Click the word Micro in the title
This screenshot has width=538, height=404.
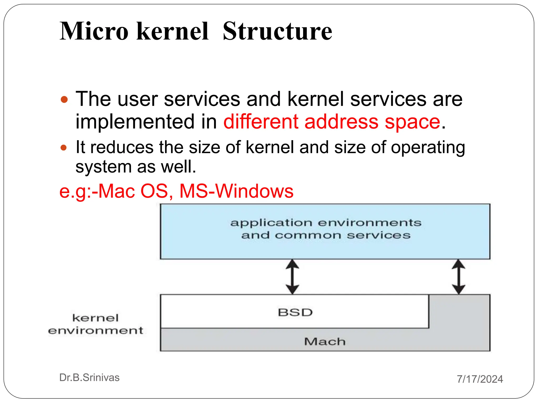pyautogui.click(x=94, y=31)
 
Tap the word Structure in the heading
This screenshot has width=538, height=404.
pyautogui.click(x=277, y=31)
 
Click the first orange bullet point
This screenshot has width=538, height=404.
pyautogui.click(x=64, y=100)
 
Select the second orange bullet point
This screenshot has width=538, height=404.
pyautogui.click(x=64, y=148)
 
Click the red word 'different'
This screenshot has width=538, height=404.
pyautogui.click(x=261, y=122)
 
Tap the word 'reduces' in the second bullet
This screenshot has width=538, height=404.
pyautogui.click(x=122, y=147)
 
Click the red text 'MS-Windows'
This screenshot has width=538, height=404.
pyautogui.click(x=236, y=191)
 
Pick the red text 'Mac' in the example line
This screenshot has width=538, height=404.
pyautogui.click(x=117, y=191)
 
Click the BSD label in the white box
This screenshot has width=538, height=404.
pyautogui.click(x=295, y=312)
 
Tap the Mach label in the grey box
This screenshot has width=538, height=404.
pyautogui.click(x=325, y=341)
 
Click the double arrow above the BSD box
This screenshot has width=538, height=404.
pyautogui.click(x=292, y=277)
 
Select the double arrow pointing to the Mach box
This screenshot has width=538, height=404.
pyautogui.click(x=458, y=277)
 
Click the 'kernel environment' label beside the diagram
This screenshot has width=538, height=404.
pyautogui.click(x=96, y=324)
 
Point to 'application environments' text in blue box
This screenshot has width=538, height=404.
pyautogui.click(x=326, y=223)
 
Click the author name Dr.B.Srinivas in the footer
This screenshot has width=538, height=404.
pyautogui.click(x=89, y=377)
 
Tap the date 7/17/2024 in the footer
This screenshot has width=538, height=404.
pyautogui.click(x=480, y=379)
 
